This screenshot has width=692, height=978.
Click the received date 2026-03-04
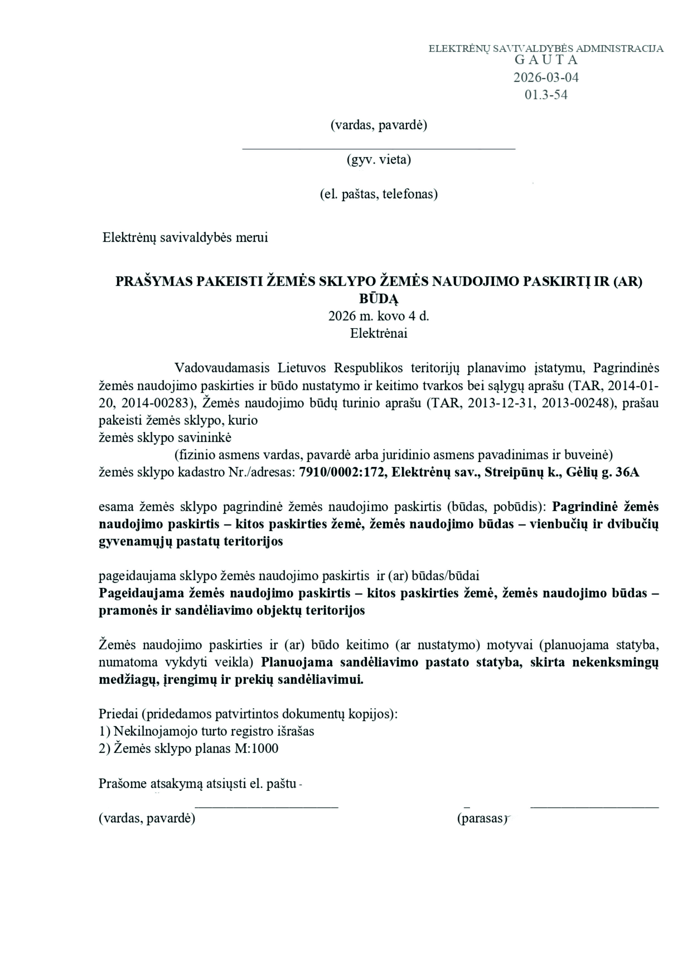[x=546, y=77]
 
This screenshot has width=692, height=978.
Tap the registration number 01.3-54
[x=546, y=94]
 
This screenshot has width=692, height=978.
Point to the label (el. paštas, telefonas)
[x=379, y=194]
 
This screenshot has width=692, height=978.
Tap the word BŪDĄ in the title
[x=379, y=299]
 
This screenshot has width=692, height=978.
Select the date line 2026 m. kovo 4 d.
[x=379, y=316]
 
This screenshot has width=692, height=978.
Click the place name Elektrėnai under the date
[x=379, y=333]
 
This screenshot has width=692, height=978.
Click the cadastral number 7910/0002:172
[x=343, y=472]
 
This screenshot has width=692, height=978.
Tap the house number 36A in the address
[x=626, y=472]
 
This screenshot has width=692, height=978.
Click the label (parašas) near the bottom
[x=481, y=818]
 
